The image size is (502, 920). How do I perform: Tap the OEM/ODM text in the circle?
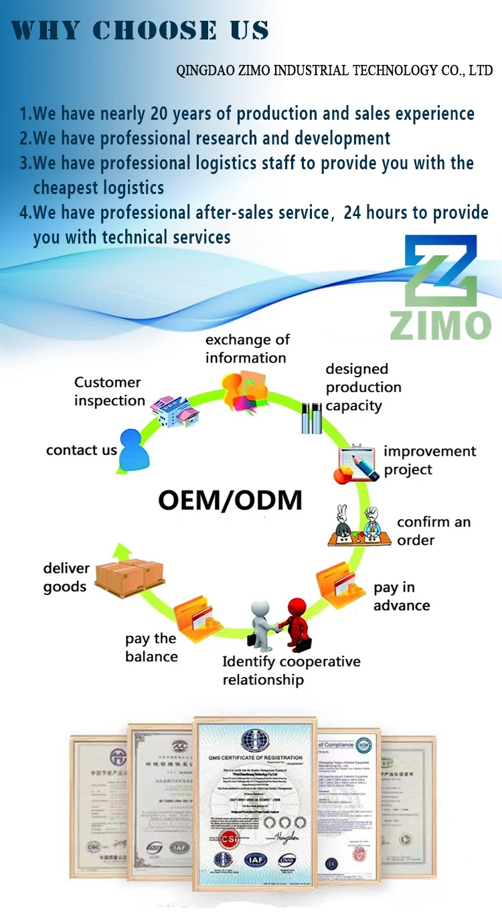point(230,500)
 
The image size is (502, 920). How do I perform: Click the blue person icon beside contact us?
point(136,449)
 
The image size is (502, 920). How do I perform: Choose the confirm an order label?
point(433,531)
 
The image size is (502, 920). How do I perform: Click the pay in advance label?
point(401,596)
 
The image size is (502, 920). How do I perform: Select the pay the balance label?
point(151,648)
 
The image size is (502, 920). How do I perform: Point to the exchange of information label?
point(247,349)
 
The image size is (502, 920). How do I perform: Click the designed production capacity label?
point(363,387)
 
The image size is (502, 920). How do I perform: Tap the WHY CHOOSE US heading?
point(140,30)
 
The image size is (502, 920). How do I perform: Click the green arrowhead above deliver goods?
point(121,551)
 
